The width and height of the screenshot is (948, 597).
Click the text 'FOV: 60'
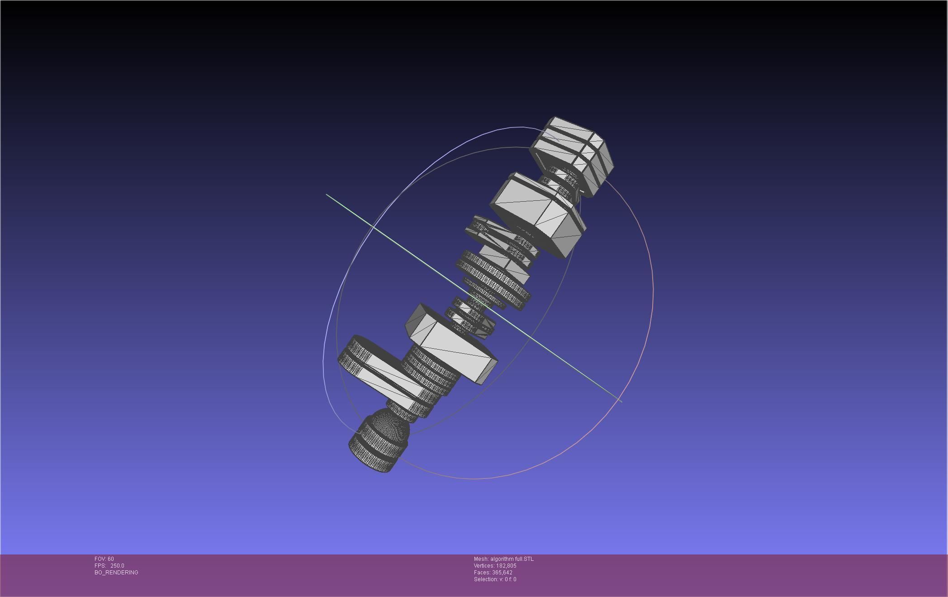tap(104, 559)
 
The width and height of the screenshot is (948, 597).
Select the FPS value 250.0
tap(117, 566)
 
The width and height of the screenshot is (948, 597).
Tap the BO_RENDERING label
tap(116, 573)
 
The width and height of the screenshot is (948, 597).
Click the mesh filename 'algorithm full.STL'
tap(512, 559)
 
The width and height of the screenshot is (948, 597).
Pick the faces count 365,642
tap(502, 573)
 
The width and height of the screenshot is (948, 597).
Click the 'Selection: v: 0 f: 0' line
tap(495, 579)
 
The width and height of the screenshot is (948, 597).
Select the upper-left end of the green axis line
tap(327, 195)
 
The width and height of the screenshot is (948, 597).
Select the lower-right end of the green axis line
tap(621, 401)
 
